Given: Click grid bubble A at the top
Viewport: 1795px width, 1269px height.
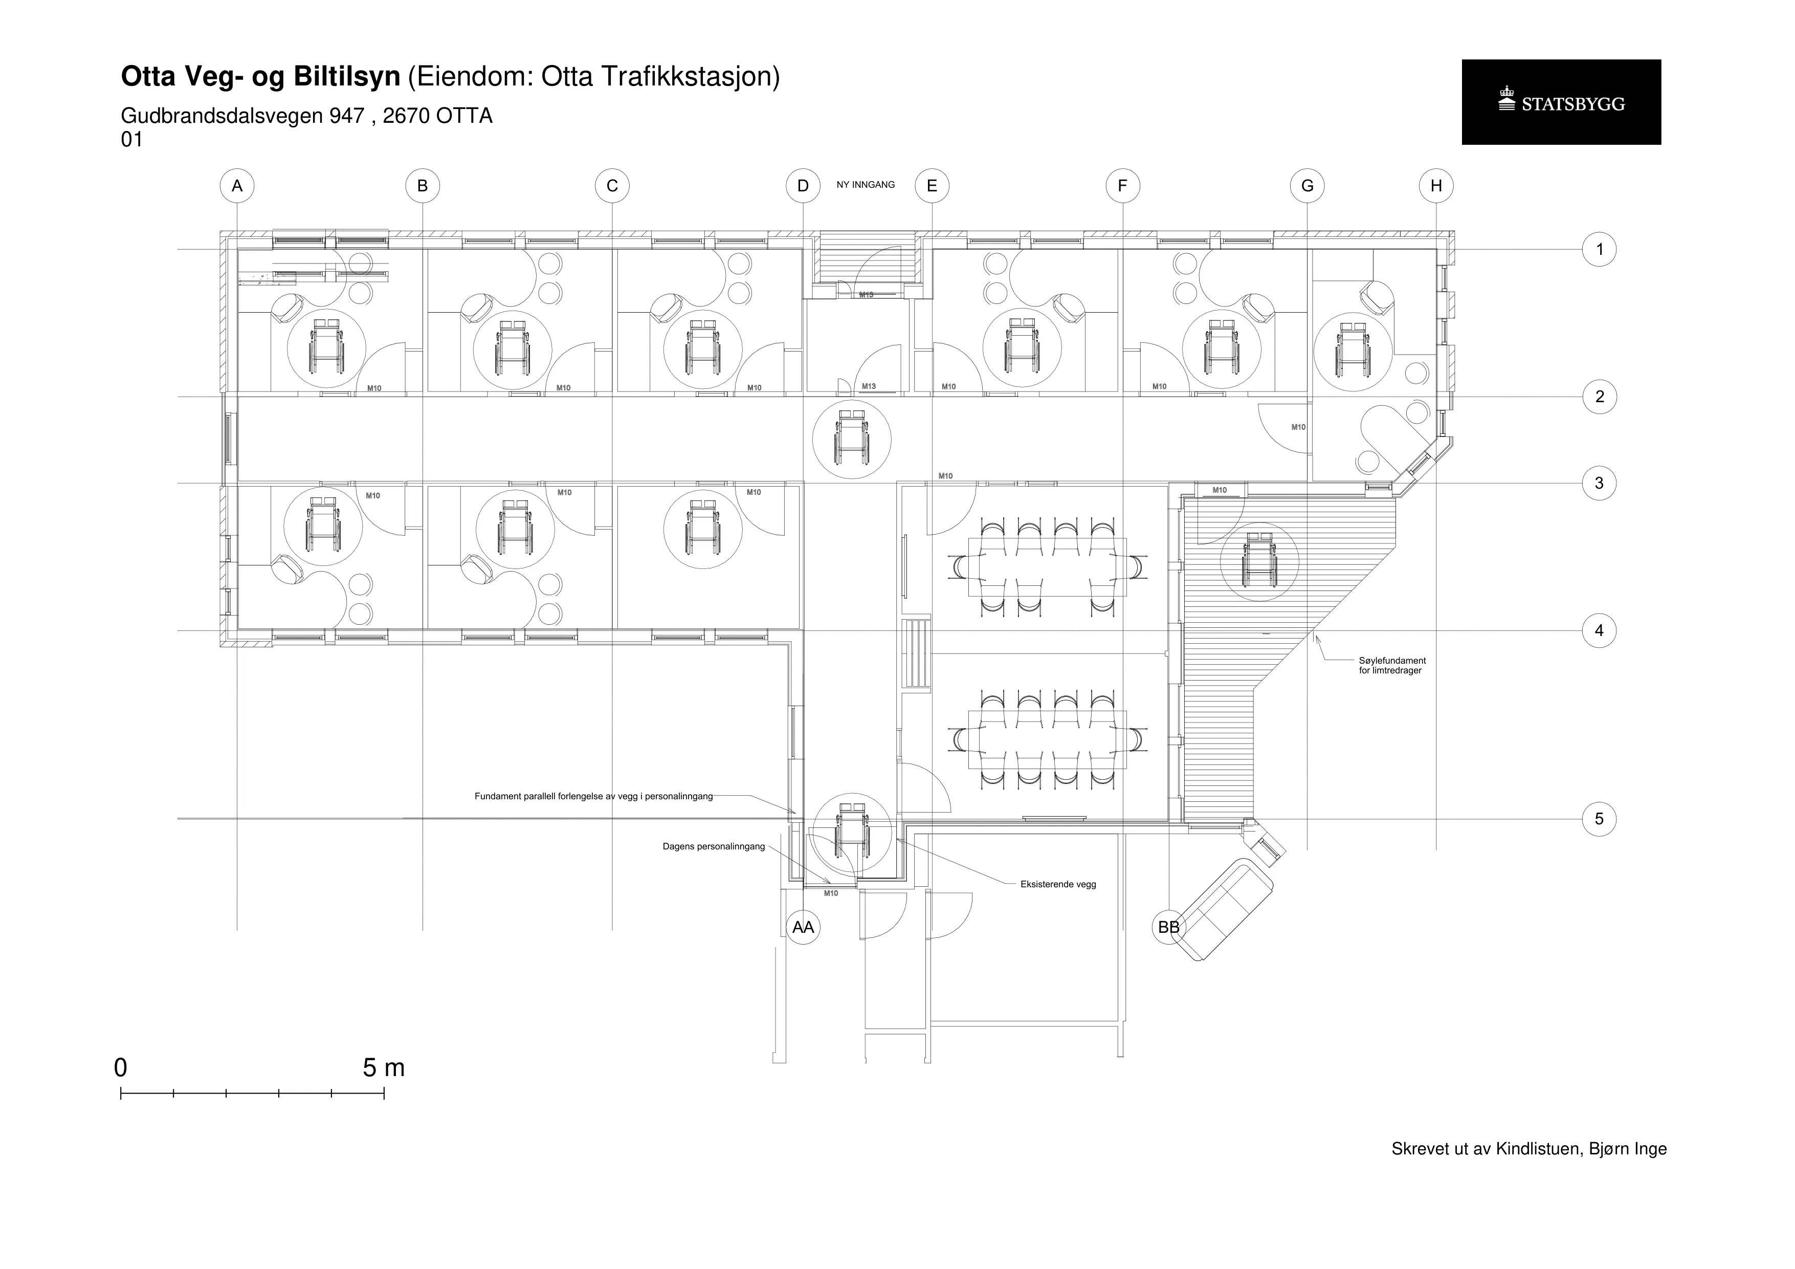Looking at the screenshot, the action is pos(237,186).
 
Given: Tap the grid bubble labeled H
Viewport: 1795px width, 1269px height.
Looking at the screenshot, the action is pos(1436,186).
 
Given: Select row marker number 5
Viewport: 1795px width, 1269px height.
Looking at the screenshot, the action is pos(1599,819).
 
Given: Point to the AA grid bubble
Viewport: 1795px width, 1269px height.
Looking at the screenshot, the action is pos(803,927).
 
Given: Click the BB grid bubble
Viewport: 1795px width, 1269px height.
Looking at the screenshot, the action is pos(1169,927).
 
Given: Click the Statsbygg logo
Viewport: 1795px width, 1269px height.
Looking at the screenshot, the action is pos(1561,102).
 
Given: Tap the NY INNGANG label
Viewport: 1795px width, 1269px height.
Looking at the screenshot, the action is pos(866,185).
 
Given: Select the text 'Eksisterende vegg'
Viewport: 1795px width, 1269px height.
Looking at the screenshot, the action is pos(1058,884).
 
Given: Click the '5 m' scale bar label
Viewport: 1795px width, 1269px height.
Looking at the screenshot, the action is pos(384,1068).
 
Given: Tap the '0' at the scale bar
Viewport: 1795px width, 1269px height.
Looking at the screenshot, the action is pos(120,1068).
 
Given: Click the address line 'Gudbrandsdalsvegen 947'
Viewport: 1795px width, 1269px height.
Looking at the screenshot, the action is pos(242,116).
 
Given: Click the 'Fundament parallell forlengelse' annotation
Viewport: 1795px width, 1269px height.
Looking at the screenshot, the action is pos(593,797).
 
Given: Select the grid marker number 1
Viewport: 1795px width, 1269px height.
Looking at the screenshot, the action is pos(1599,249).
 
